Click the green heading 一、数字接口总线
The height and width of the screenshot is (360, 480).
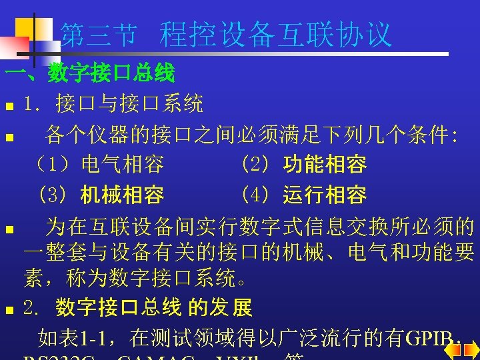[x=89, y=73]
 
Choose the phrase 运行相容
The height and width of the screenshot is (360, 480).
[x=325, y=195]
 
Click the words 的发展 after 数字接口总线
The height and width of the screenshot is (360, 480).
[x=220, y=308]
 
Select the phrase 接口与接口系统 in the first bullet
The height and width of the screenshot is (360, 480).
[x=130, y=104]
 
